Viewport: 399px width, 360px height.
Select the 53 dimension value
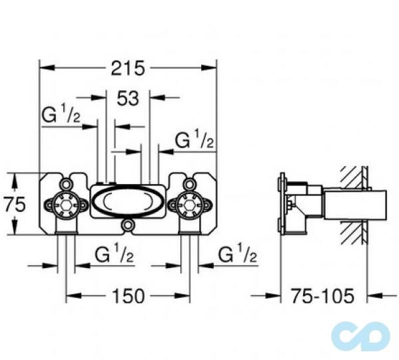click(x=127, y=98)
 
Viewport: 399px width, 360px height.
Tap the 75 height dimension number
click(x=15, y=205)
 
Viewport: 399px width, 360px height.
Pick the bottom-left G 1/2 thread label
click(x=115, y=255)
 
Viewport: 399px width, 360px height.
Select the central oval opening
click(x=127, y=201)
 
